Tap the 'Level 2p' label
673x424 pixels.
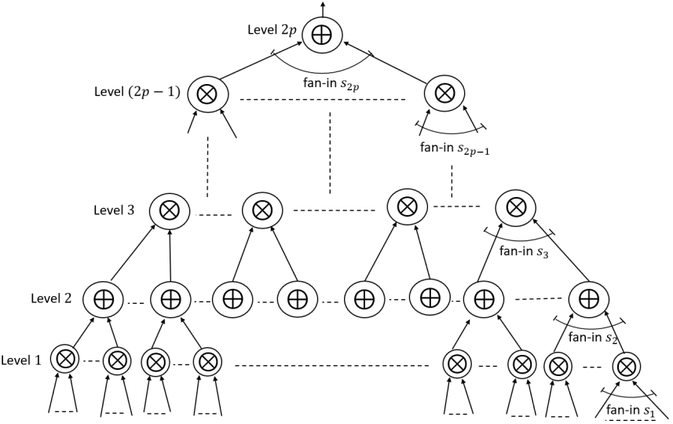pos(273,31)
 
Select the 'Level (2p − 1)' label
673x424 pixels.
pos(137,92)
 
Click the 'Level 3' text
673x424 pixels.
pos(114,210)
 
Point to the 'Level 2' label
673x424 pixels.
pos(51,298)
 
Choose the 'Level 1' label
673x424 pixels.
pos(21,360)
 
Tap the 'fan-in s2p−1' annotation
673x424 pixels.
pos(455,148)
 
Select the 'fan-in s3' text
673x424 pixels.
pos(524,251)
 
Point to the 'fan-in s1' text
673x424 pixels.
pos(630,411)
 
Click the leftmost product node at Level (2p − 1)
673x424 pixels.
pos(208,94)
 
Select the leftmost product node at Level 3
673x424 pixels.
pos(169,210)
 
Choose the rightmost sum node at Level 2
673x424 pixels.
pos(589,298)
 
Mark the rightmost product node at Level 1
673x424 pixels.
pos(626,366)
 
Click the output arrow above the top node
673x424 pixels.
pos(322,9)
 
